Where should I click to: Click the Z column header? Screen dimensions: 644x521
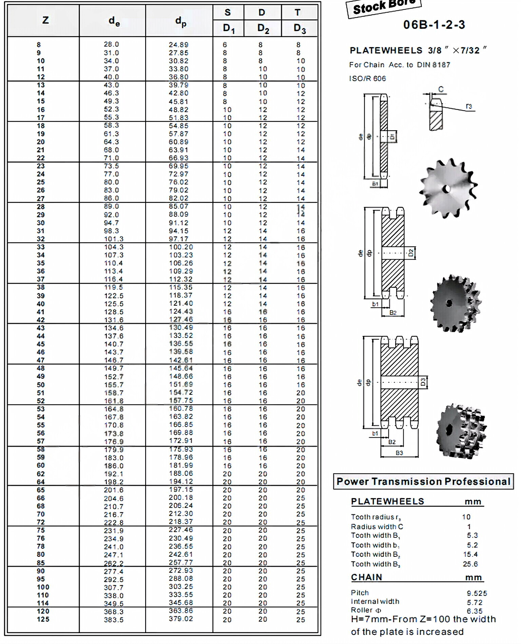tap(45, 20)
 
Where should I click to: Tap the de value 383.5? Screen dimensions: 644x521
tap(114, 620)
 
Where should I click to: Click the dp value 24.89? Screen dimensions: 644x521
tap(178, 45)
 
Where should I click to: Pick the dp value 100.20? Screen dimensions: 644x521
tap(181, 247)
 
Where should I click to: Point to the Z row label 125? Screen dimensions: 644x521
tap(43, 619)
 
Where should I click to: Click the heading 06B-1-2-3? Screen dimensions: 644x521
tap(434, 25)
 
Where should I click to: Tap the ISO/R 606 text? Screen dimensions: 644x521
tap(367, 79)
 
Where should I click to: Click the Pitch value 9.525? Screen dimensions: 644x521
tap(477, 593)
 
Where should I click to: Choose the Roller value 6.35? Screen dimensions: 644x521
tap(474, 611)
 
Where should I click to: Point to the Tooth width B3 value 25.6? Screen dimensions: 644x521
tap(470, 564)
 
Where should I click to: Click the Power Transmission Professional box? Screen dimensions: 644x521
tap(423, 481)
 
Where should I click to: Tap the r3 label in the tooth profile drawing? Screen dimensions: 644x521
tap(469, 106)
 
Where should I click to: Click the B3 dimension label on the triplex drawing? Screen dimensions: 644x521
tap(399, 453)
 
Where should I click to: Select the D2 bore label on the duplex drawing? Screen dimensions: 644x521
tap(411, 253)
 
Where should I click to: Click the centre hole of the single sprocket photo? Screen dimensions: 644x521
tap(447, 188)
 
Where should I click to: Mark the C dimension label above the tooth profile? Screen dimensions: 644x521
tap(441, 89)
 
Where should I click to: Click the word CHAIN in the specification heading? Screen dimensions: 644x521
tap(366, 577)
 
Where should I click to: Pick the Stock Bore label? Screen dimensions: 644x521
tap(384, 7)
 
